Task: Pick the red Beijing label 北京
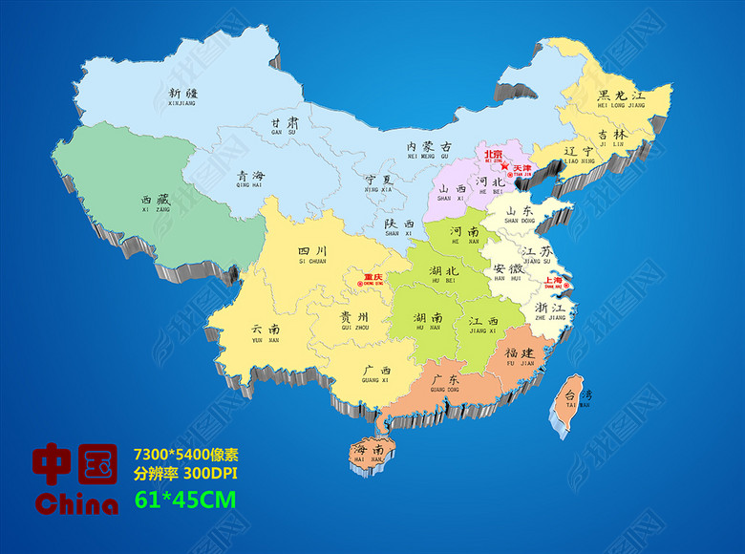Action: click(x=493, y=154)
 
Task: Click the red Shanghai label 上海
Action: click(x=554, y=281)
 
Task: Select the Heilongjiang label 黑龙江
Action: click(x=621, y=96)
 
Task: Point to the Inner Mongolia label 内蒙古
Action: click(x=428, y=147)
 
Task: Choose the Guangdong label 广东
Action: click(x=444, y=381)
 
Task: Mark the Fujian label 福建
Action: click(x=521, y=353)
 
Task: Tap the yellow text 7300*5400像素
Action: click(x=185, y=452)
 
